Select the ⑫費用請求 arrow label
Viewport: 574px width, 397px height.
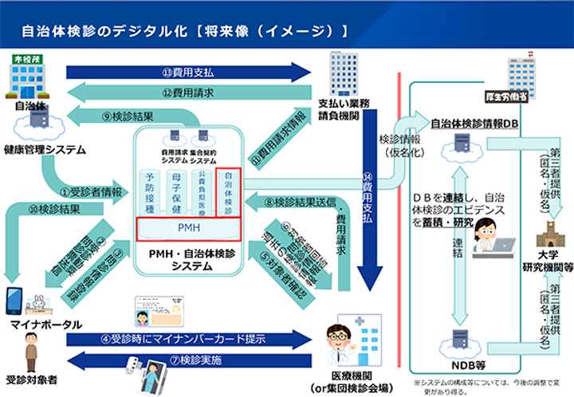pyautogui.click(x=189, y=93)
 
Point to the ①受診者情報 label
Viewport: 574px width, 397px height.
pyautogui.click(x=92, y=192)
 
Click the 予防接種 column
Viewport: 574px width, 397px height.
pyautogui.click(x=148, y=191)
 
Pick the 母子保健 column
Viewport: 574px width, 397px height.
pyautogui.click(x=176, y=191)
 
